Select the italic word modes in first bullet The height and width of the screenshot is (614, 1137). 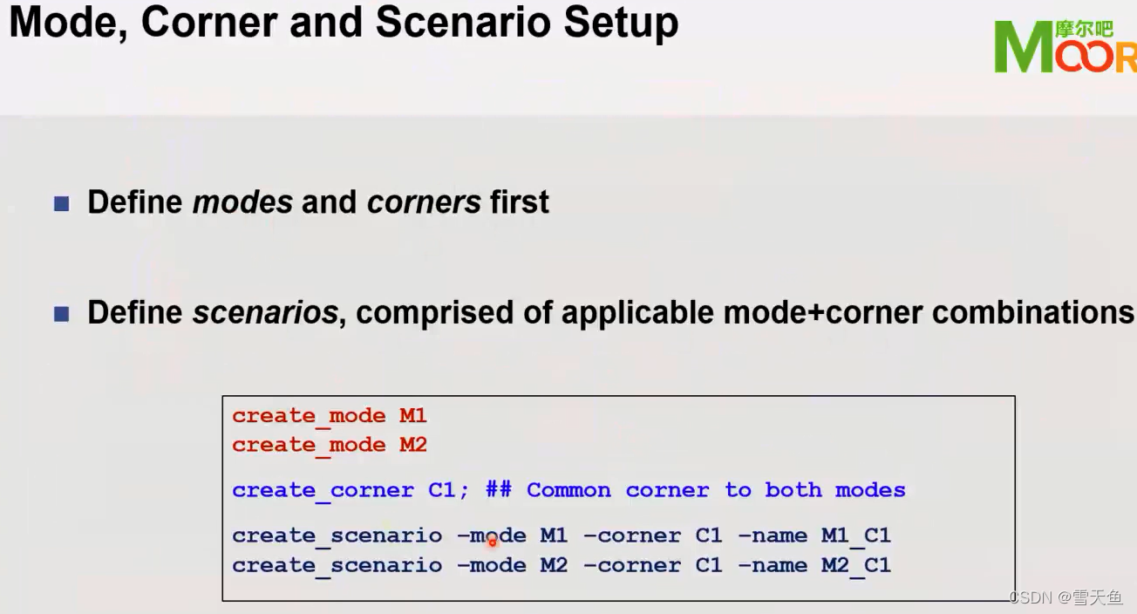(x=242, y=202)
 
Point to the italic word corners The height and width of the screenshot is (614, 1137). (x=424, y=202)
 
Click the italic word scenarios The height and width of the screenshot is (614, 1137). (x=265, y=312)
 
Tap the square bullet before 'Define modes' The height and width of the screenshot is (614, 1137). (x=61, y=204)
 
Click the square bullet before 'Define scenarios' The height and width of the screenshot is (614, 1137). (x=61, y=314)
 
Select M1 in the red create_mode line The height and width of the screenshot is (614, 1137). (x=413, y=416)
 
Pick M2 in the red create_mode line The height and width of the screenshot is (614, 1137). (x=413, y=445)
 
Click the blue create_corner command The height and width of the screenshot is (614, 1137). (x=323, y=490)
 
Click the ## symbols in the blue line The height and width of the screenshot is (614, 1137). (x=499, y=490)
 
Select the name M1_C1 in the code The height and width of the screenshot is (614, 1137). (x=856, y=536)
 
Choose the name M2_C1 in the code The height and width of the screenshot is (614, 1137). (x=856, y=565)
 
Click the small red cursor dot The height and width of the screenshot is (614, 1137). (x=492, y=542)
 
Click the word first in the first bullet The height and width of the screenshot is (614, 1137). (x=520, y=202)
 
